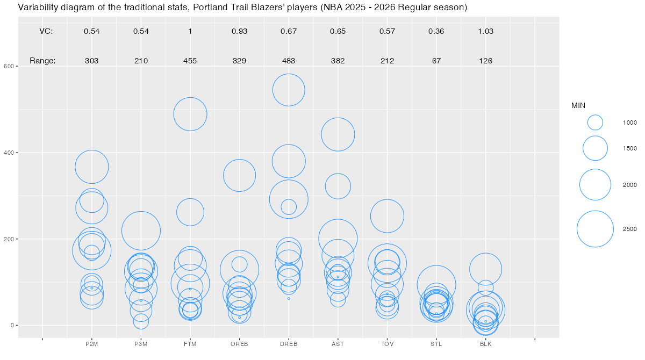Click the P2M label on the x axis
[92, 344]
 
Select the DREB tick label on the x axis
[289, 344]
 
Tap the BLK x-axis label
[486, 344]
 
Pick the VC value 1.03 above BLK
[486, 31]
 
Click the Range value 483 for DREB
[289, 61]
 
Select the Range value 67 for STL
[436, 61]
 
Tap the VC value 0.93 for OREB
[239, 31]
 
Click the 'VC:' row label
[46, 31]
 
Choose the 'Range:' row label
[42, 61]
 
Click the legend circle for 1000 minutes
[595, 123]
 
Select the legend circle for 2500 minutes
[595, 229]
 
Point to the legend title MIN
[578, 105]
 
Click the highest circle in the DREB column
[289, 90]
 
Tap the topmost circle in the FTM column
[190, 114]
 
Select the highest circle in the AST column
[338, 134]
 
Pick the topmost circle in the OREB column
[239, 175]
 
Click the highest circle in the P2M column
[92, 167]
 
